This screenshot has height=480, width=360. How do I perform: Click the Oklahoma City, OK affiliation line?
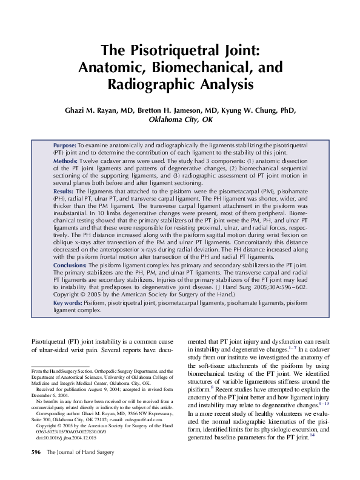[x=181, y=120]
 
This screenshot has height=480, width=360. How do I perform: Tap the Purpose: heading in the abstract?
[x=64, y=146]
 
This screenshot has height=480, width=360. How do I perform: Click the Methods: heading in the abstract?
[x=65, y=161]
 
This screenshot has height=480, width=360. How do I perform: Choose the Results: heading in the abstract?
[x=64, y=192]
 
